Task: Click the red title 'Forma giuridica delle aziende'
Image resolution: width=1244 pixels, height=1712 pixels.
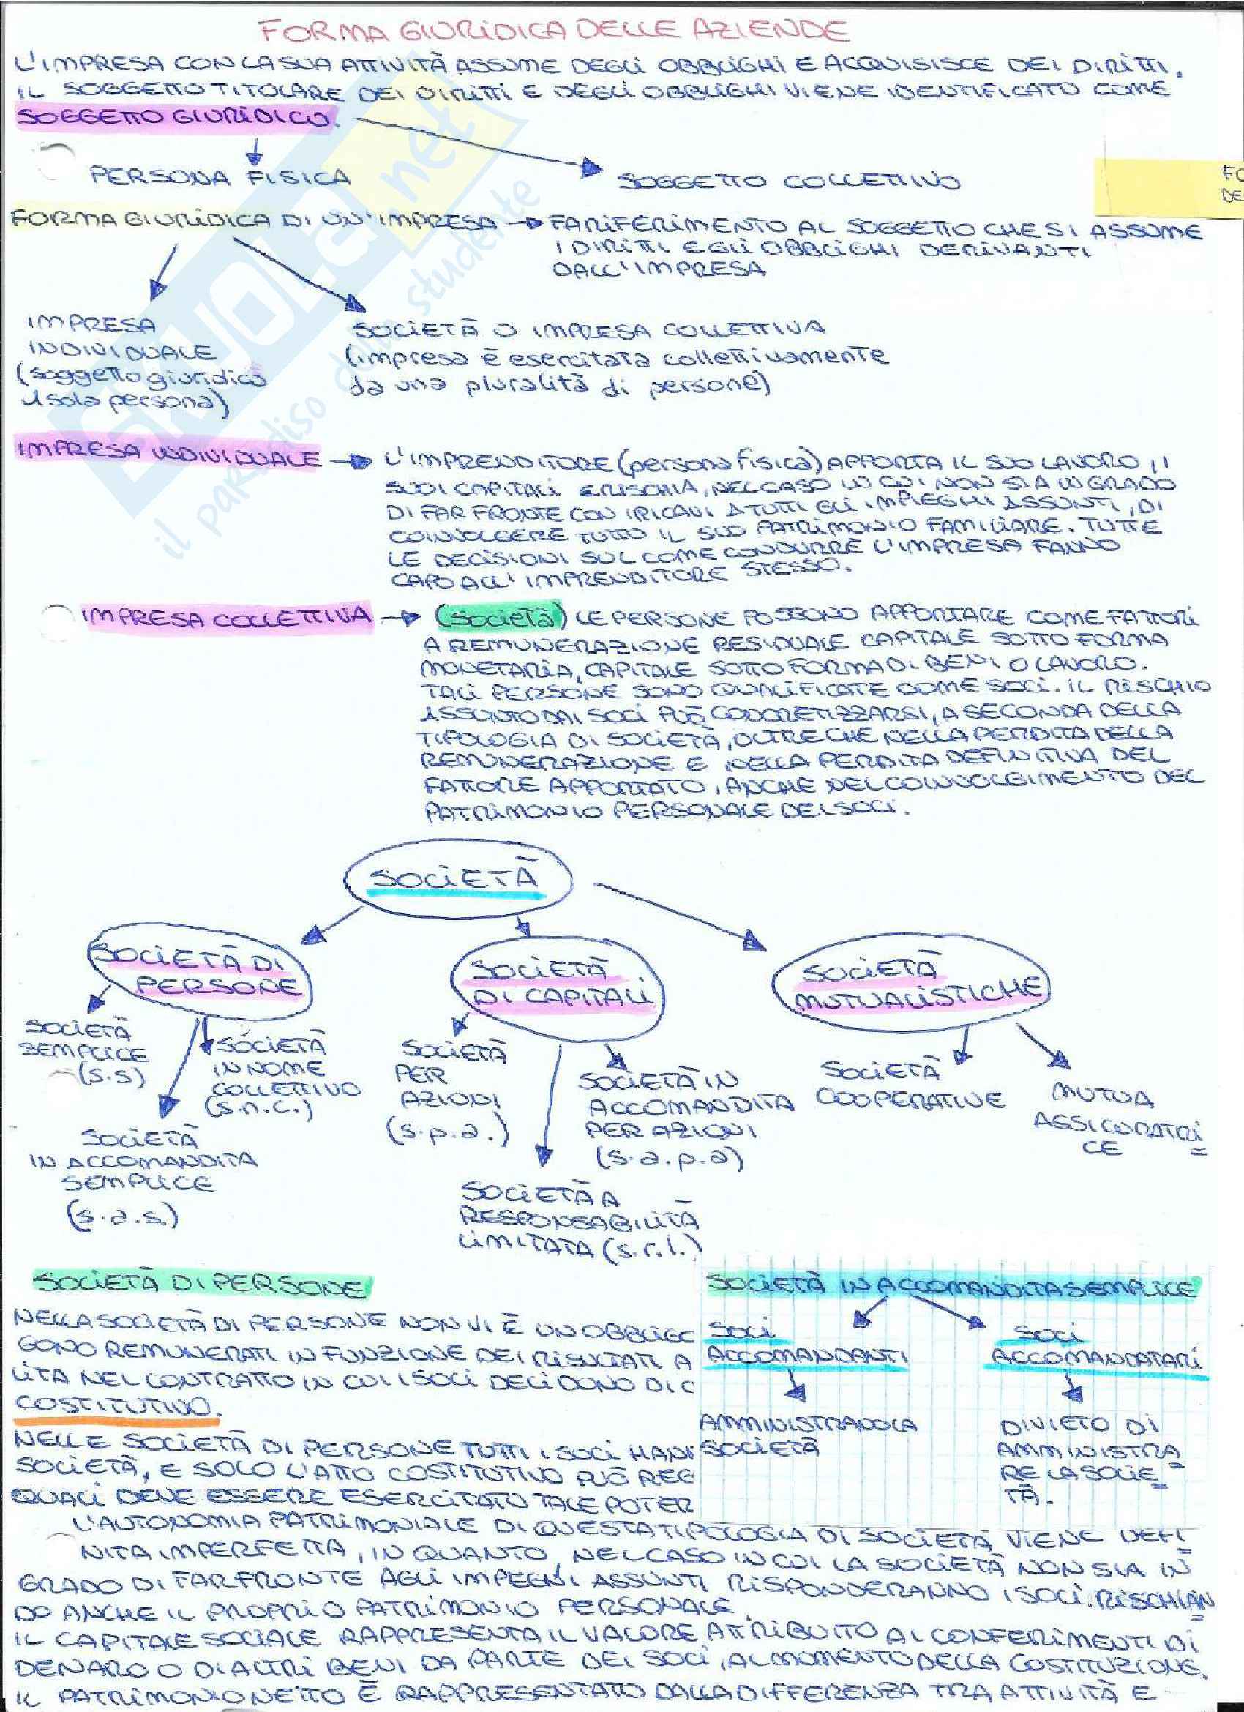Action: (552, 31)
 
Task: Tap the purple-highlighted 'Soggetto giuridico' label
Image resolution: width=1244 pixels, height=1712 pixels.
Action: (175, 119)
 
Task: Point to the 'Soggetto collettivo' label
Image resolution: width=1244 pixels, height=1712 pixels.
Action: (788, 182)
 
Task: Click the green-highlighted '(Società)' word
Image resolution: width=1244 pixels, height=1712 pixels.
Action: (500, 617)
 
